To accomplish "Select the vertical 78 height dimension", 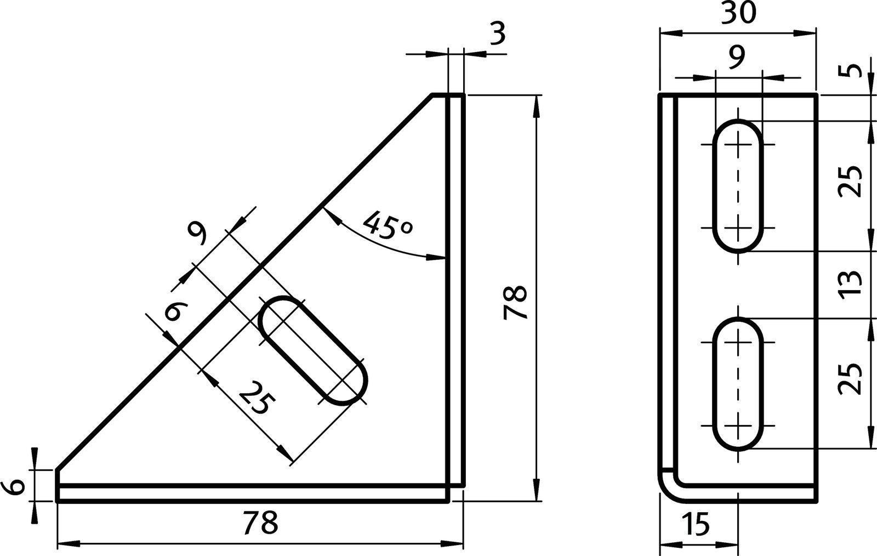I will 516,302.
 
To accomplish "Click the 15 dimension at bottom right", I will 696,524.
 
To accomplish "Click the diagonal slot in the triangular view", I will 312,351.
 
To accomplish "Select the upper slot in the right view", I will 738,186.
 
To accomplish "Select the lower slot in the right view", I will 738,384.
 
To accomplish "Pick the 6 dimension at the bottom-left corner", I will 16,486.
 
